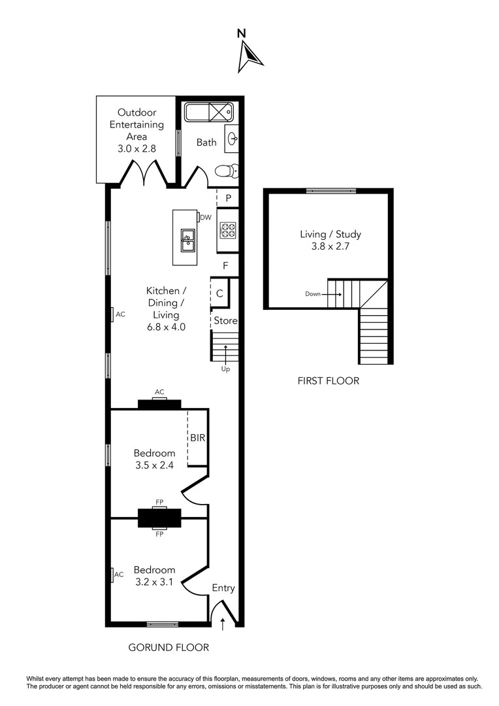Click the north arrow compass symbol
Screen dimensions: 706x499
251,54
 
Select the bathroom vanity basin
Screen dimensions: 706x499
232,139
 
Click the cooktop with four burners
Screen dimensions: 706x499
228,230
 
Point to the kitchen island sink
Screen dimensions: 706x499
187,239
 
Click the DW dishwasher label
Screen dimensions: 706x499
205,218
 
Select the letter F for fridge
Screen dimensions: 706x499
225,266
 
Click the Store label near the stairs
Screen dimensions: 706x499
225,321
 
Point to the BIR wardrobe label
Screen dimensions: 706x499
198,438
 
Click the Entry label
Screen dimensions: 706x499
223,588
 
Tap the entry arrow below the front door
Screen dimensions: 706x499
223,624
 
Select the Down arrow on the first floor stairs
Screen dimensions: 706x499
333,294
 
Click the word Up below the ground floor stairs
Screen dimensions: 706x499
225,369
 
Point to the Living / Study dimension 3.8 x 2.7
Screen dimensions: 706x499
330,246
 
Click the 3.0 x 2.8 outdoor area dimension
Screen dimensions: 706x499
137,148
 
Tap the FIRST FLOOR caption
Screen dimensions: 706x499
329,380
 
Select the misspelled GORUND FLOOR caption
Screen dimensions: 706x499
169,648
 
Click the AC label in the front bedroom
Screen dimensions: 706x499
119,575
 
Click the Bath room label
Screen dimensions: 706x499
206,142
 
